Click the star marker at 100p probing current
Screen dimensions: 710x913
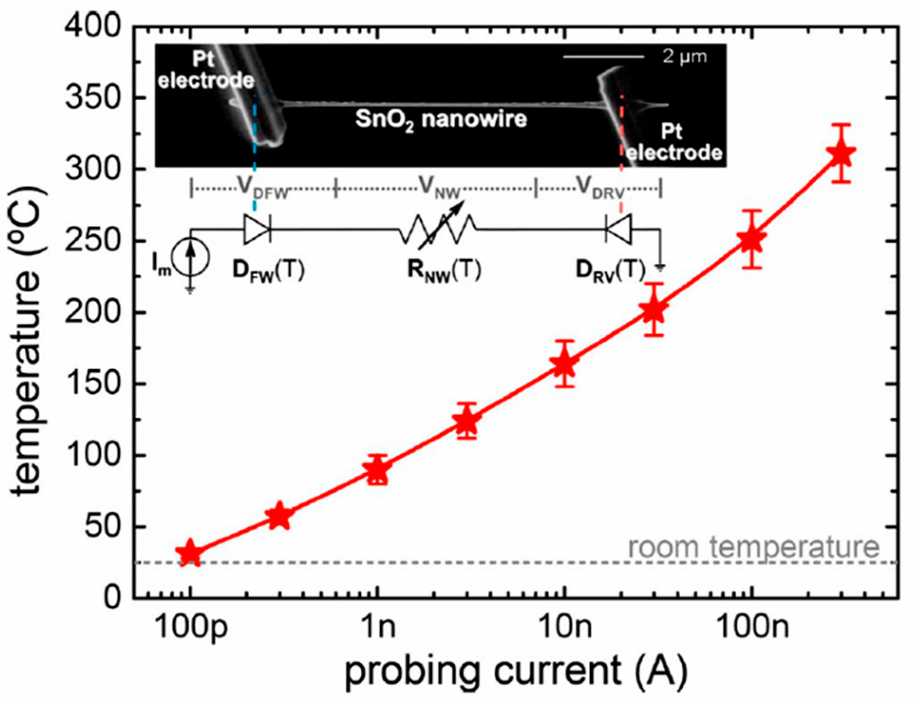pyautogui.click(x=190, y=553)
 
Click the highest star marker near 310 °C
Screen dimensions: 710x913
pyautogui.click(x=841, y=154)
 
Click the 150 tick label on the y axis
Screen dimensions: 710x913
pyautogui.click(x=93, y=384)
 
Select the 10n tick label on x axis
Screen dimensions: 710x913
pyautogui.click(x=565, y=626)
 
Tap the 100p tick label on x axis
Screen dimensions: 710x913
pyautogui.click(x=191, y=627)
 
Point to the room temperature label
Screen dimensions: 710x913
pyautogui.click(x=753, y=547)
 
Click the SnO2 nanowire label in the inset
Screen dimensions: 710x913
pyautogui.click(x=441, y=119)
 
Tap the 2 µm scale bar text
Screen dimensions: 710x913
pyautogui.click(x=684, y=57)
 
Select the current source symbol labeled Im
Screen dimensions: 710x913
pyautogui.click(x=190, y=258)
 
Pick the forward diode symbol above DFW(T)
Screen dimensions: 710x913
pyautogui.click(x=257, y=229)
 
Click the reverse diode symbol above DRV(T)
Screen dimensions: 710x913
pyautogui.click(x=619, y=229)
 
